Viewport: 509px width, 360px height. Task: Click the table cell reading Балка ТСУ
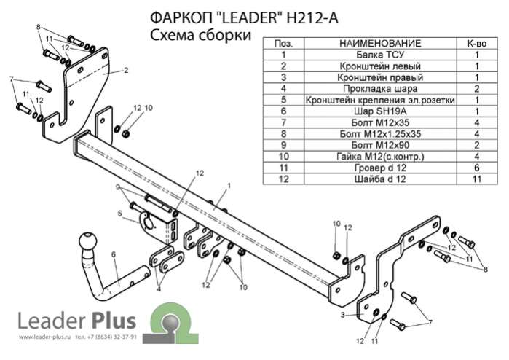(x=380, y=55)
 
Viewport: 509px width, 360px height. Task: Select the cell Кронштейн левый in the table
(x=380, y=66)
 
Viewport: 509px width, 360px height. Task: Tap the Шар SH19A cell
(x=380, y=111)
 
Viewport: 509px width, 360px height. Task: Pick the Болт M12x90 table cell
(x=380, y=145)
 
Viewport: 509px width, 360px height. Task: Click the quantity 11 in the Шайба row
(x=477, y=179)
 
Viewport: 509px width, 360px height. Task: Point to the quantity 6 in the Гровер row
(x=477, y=168)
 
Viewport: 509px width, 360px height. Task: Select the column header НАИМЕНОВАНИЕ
(x=380, y=43)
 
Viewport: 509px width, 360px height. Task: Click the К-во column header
(x=477, y=43)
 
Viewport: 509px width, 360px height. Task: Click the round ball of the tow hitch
(x=87, y=242)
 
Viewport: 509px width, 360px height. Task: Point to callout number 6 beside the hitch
(x=114, y=254)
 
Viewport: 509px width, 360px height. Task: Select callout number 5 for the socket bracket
(x=119, y=214)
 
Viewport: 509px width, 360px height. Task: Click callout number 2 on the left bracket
(x=126, y=70)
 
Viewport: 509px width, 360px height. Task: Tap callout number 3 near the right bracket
(x=342, y=315)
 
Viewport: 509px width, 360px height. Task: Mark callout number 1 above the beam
(x=229, y=186)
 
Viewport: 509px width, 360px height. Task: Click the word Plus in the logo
(x=114, y=320)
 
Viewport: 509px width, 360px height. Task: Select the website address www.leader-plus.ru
(x=44, y=337)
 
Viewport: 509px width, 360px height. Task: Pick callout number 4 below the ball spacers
(x=159, y=289)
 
